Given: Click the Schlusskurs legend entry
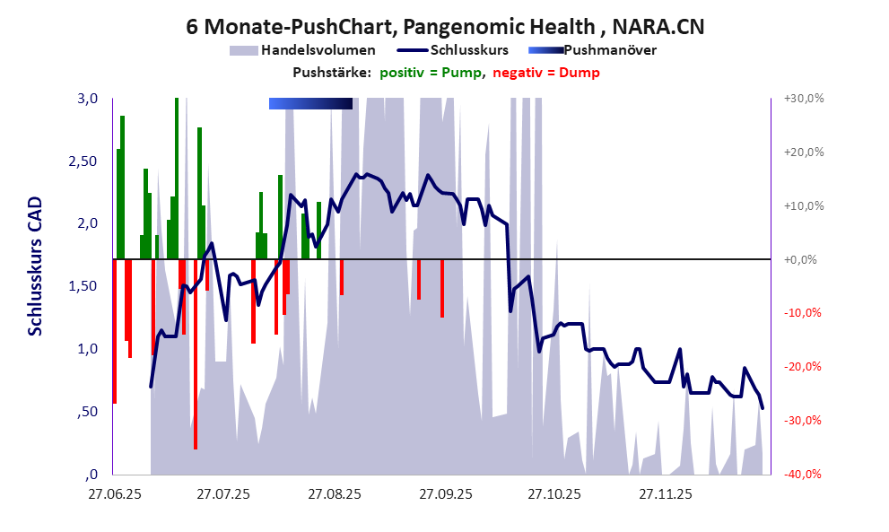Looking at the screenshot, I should [x=471, y=50].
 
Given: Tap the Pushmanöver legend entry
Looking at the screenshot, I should [x=610, y=50].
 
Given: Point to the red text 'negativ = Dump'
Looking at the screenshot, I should [x=545, y=73].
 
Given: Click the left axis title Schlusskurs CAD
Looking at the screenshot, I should [x=36, y=266].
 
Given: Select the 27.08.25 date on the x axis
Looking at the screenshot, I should [x=335, y=493].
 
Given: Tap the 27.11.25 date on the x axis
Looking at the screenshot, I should [x=665, y=493].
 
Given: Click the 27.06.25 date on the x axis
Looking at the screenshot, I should [x=115, y=493].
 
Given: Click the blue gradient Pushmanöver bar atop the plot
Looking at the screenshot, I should [x=310, y=104].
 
